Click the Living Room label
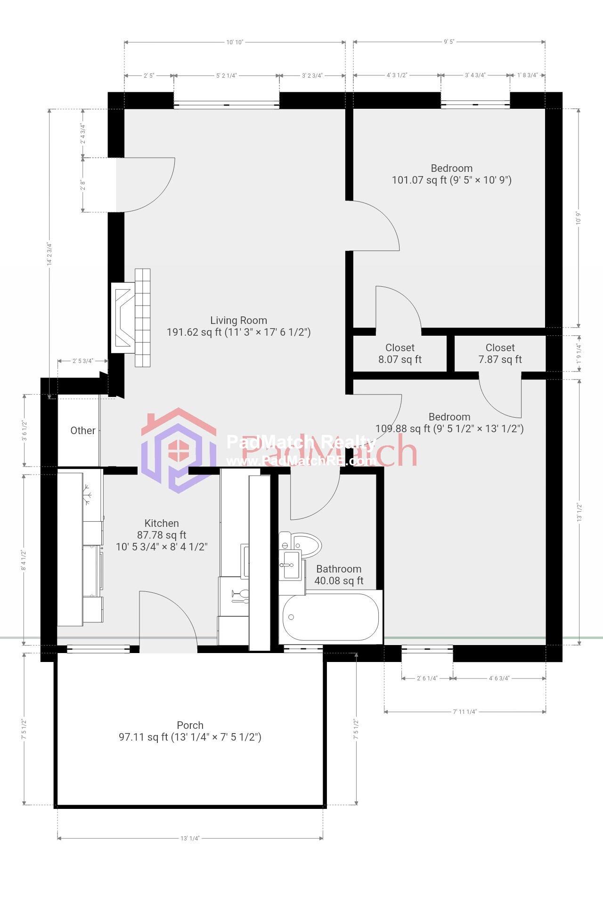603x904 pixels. pyautogui.click(x=238, y=326)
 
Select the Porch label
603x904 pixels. pyautogui.click(x=190, y=731)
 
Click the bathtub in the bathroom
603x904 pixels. pyautogui.click(x=330, y=617)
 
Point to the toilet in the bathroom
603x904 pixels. pyautogui.click(x=304, y=545)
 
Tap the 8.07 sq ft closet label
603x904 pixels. pyautogui.click(x=399, y=354)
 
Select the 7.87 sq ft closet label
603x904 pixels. pyautogui.click(x=500, y=354)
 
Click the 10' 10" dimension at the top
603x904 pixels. pyautogui.click(x=235, y=42)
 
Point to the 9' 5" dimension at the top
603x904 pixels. pyautogui.click(x=449, y=42)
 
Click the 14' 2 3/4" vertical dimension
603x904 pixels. pyautogui.click(x=49, y=254)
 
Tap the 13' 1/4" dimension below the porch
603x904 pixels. pyautogui.click(x=190, y=838)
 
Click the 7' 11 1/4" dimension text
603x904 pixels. pyautogui.click(x=464, y=711)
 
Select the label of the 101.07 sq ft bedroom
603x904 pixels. pyautogui.click(x=451, y=174)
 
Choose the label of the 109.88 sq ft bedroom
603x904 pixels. pyautogui.click(x=449, y=423)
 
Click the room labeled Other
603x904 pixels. pyautogui.click(x=82, y=430)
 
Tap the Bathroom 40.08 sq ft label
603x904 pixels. pyautogui.click(x=339, y=575)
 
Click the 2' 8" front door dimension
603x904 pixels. pyautogui.click(x=83, y=185)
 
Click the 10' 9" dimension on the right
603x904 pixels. pyautogui.click(x=579, y=218)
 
